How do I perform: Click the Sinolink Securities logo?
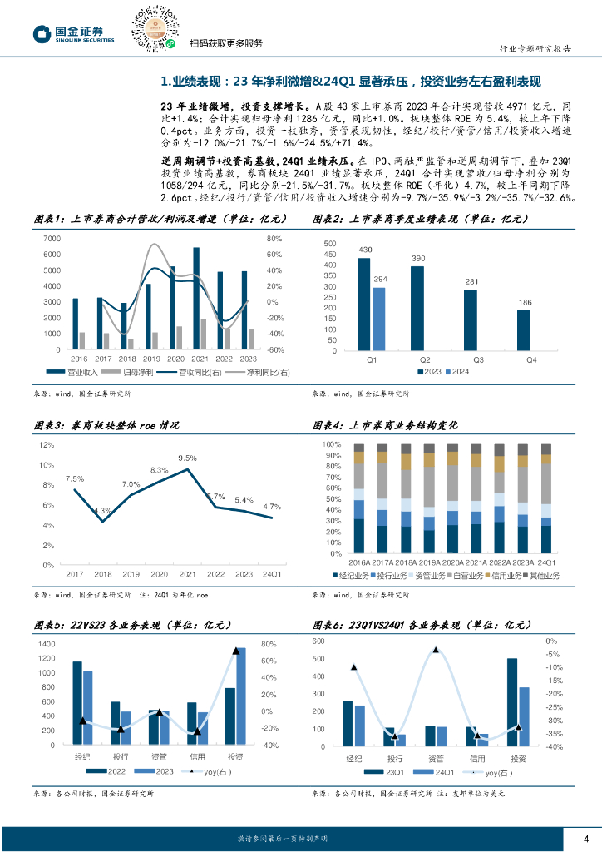(72, 33)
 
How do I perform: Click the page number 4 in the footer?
(585, 837)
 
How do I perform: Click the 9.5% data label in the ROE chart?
(187, 458)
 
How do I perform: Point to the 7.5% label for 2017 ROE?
(74, 478)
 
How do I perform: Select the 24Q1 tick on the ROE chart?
(272, 575)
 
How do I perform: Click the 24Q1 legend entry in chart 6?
(431, 773)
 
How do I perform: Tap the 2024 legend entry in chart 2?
(454, 371)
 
